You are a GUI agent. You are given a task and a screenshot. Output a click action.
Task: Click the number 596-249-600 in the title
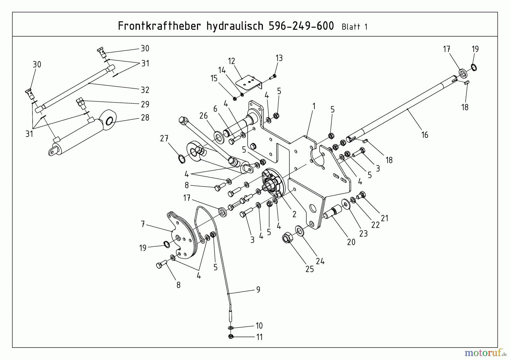301,26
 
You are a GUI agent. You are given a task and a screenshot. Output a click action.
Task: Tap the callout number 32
145,90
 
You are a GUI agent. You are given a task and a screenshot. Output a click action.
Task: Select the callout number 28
145,118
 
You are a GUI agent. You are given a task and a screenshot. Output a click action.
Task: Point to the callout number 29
145,104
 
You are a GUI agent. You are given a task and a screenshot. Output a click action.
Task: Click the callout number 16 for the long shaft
425,135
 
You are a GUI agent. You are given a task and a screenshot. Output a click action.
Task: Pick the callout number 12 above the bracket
231,61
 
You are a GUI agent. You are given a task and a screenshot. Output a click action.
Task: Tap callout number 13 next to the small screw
279,58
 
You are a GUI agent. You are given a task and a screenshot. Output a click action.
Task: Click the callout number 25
310,269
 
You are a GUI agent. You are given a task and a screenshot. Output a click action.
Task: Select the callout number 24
320,261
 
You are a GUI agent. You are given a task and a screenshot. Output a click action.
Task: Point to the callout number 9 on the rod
258,289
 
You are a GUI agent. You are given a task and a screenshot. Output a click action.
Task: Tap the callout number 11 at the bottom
259,337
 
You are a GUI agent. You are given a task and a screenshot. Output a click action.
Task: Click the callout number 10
259,326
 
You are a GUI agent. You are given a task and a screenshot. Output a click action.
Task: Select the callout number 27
164,139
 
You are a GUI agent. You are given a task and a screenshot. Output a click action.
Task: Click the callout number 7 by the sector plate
143,225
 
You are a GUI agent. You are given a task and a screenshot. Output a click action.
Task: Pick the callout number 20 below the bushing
351,242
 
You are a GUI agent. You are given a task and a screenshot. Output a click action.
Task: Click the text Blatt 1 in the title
354,27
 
